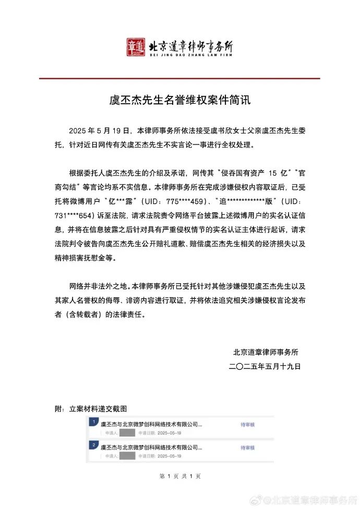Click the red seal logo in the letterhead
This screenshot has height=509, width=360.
(x=136, y=47)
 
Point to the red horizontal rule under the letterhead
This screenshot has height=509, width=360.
(x=179, y=78)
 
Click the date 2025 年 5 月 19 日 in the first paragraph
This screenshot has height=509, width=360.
(x=100, y=130)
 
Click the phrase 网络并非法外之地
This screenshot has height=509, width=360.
(x=98, y=286)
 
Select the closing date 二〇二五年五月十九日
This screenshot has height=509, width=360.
(x=266, y=366)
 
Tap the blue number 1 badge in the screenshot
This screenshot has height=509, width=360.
(x=92, y=421)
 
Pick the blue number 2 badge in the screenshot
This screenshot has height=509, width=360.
(x=92, y=445)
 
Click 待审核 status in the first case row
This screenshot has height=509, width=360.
(x=247, y=425)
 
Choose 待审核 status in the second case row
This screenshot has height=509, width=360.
(x=247, y=448)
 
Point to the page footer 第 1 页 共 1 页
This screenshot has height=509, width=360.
(x=180, y=476)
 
